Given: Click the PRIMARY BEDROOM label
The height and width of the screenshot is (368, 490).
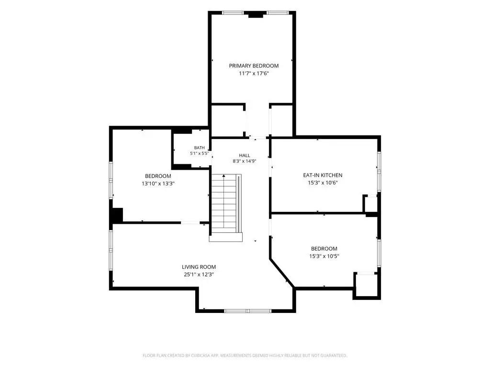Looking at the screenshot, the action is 254,66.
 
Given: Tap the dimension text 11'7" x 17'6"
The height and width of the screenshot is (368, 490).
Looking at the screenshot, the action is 254,73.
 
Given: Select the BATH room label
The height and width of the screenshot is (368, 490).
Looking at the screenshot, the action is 200,148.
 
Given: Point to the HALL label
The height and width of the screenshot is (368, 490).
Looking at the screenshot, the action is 245,156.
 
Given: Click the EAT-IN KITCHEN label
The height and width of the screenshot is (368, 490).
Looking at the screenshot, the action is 323,175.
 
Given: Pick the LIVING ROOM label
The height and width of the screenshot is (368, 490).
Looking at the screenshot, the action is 199,267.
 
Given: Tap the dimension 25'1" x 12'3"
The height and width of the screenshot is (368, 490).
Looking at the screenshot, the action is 199,275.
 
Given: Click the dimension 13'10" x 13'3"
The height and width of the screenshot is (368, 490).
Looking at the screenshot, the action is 158,184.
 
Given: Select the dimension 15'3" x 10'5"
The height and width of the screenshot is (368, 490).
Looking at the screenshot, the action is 324,256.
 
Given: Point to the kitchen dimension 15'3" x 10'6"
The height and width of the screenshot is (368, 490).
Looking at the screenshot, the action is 323,183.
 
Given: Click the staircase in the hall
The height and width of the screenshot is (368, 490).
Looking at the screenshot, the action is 226,207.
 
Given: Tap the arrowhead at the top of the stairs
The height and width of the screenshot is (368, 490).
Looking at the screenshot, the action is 224,176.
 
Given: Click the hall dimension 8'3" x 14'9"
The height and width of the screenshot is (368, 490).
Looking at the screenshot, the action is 245,161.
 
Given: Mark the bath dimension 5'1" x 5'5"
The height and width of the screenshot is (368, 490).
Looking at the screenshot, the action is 199,154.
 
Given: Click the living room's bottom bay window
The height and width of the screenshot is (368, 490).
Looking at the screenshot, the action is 248,311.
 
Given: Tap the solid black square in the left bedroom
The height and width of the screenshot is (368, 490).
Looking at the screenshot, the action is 117,215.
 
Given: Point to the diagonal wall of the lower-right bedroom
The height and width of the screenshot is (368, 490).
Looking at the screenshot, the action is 282,273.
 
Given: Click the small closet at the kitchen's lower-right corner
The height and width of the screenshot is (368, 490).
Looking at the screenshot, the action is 371,204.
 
